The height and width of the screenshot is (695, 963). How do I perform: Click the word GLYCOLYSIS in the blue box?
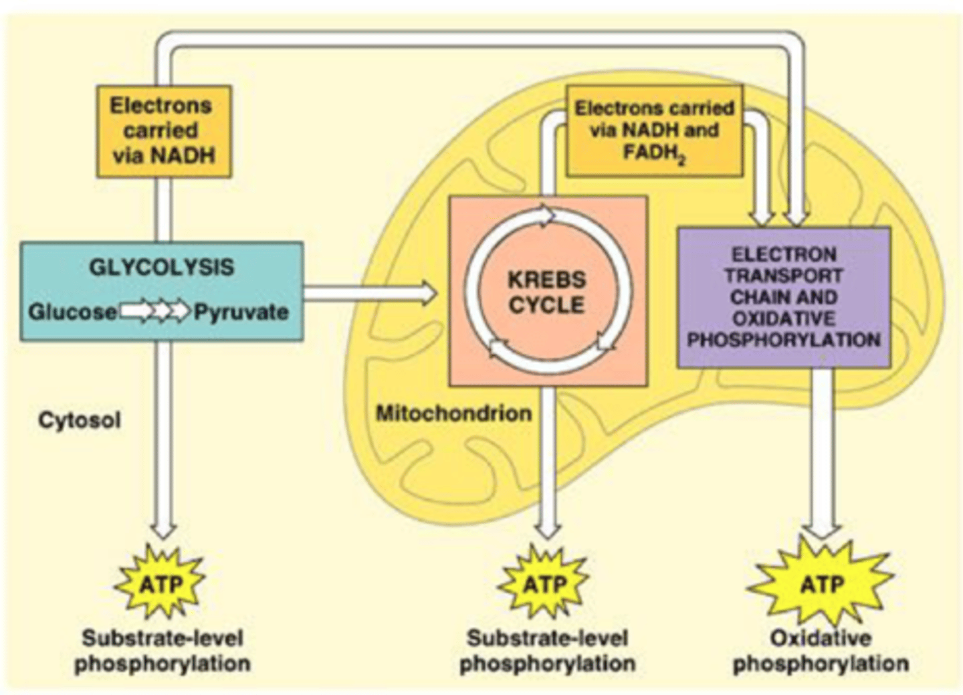point(162,268)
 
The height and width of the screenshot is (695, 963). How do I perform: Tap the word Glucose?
point(72,312)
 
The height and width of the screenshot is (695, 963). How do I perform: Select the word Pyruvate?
point(241,312)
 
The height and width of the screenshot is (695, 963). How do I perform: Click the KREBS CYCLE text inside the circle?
point(546,292)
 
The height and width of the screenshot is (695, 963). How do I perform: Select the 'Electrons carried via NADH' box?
point(164,131)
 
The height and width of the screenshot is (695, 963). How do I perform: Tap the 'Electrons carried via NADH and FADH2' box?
point(654,130)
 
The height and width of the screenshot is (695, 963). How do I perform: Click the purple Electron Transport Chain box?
point(784,297)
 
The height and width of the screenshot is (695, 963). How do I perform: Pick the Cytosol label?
point(80,421)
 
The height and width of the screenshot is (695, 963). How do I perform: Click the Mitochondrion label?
point(454,413)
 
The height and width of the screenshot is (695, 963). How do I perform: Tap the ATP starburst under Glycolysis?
point(160,584)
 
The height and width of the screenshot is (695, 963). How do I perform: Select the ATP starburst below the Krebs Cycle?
point(544,584)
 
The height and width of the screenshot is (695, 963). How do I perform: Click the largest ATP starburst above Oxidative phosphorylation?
point(821,584)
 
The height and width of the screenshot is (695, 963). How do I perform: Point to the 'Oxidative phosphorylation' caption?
point(821,651)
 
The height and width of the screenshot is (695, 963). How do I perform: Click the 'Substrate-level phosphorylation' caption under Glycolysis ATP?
point(163,651)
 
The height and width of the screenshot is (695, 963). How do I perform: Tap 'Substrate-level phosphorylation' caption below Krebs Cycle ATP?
point(547,651)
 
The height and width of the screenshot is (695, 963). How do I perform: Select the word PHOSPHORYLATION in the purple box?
point(784,340)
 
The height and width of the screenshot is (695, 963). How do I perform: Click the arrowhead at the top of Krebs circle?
point(546,215)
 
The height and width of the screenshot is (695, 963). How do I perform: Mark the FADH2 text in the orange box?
point(653,153)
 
